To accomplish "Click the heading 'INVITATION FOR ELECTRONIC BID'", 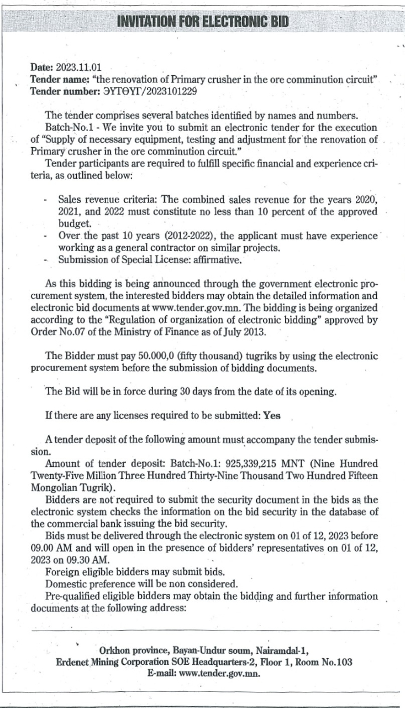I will click(x=203, y=23).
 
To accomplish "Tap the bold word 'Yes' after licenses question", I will click(x=272, y=416).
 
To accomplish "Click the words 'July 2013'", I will click(x=249, y=331).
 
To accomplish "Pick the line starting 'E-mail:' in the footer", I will click(x=204, y=674).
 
